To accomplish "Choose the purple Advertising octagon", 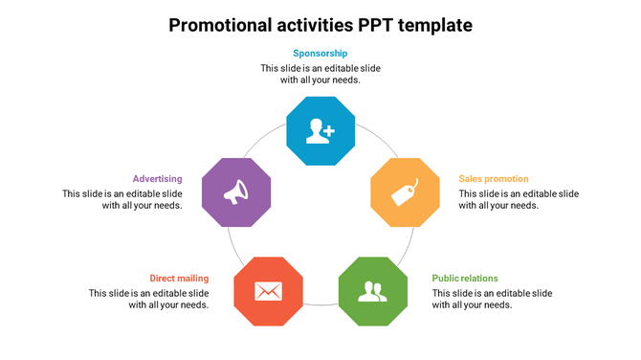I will (237, 191).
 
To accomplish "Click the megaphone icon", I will (236, 192).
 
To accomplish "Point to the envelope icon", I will (269, 290).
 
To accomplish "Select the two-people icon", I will (372, 290).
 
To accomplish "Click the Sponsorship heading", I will (320, 54).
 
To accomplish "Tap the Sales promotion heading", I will (494, 179).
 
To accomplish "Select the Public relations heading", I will (465, 279).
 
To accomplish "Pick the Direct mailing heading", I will (179, 279).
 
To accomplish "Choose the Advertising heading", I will (158, 179).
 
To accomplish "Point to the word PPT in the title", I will (384, 25).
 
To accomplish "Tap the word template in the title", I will (439, 25).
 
